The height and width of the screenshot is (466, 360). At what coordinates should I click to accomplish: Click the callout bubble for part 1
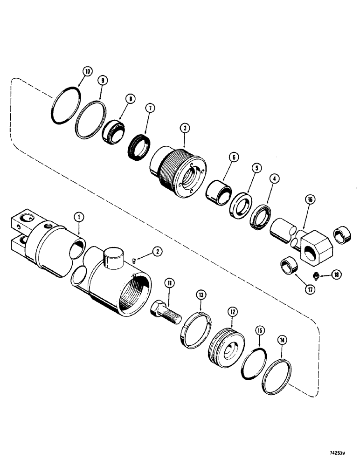[79, 216]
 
